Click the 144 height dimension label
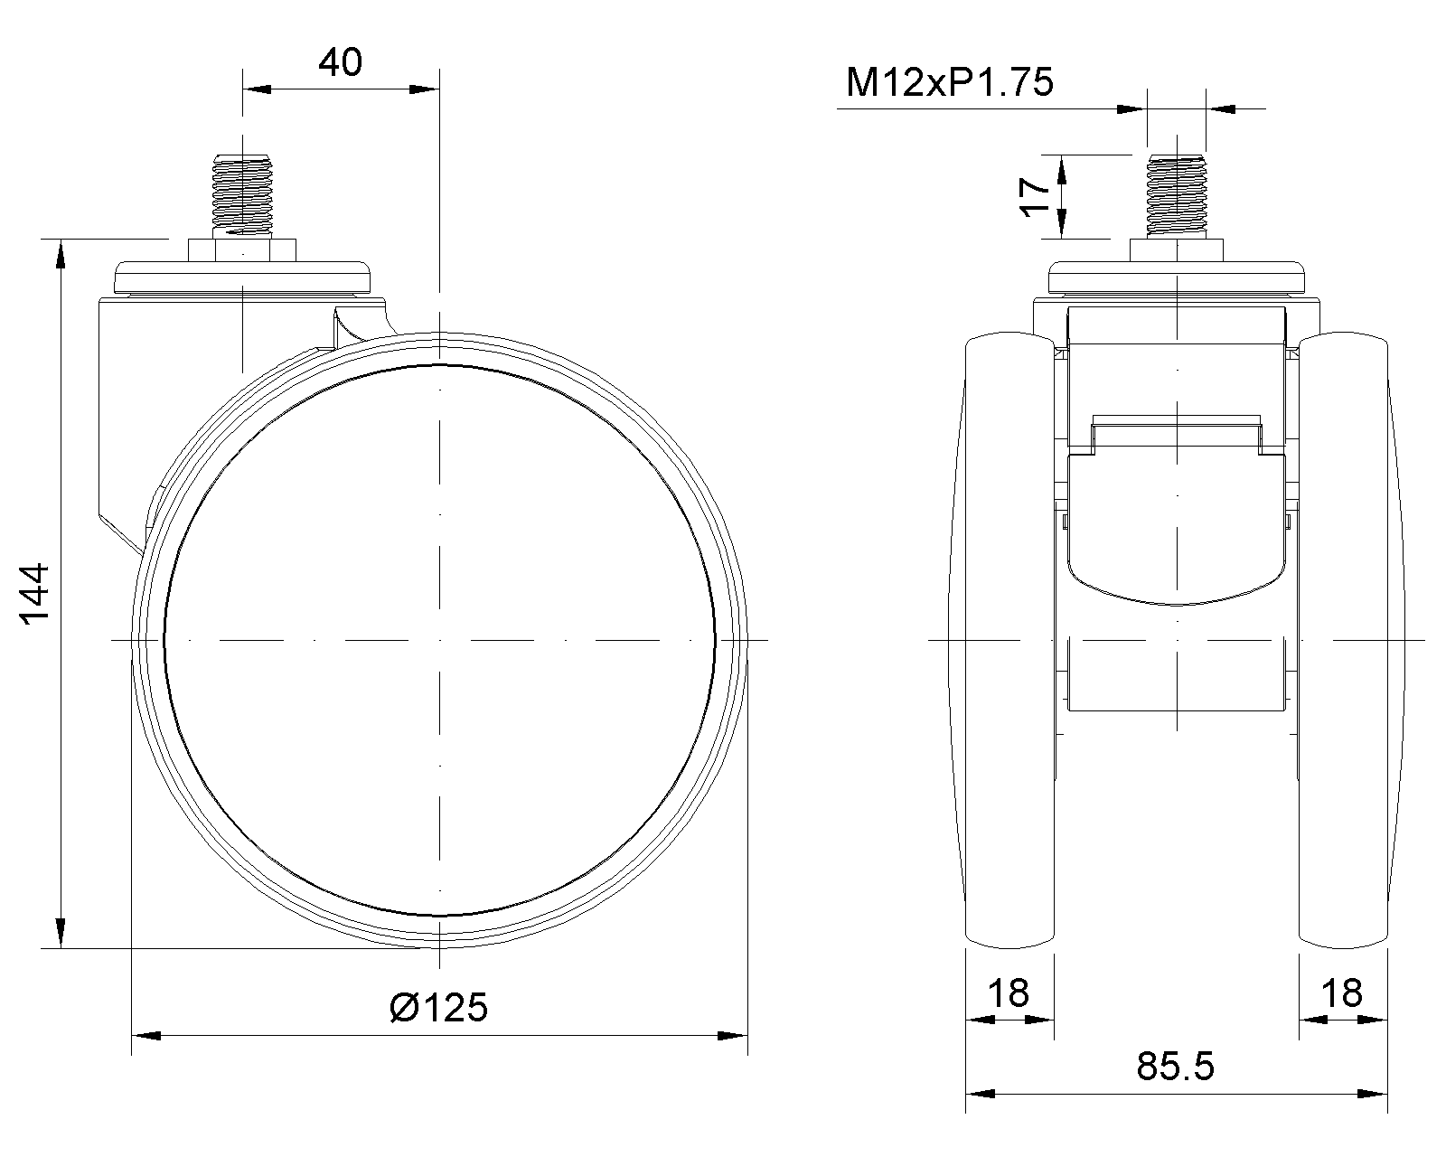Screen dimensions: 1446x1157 [36, 594]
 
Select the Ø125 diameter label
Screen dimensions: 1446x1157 [439, 1008]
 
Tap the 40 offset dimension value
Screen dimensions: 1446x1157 [340, 61]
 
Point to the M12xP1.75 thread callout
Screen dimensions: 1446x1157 [950, 82]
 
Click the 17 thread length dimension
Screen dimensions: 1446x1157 [1036, 196]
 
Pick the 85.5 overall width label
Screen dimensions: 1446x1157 [1175, 1067]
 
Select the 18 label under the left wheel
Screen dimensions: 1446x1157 [1009, 993]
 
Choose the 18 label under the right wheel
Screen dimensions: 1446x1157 [1342, 993]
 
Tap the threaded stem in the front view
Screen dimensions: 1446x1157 [1176, 195]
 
